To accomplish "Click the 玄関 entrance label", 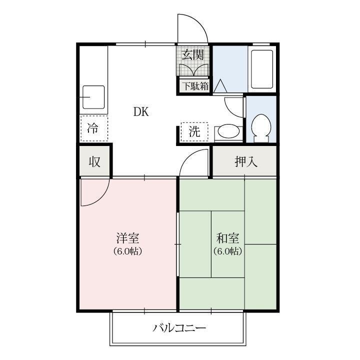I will pyautogui.click(x=192, y=54).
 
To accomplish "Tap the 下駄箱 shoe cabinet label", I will pyautogui.click(x=194, y=86).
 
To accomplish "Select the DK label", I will pyautogui.click(x=141, y=111).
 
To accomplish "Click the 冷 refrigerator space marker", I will pyautogui.click(x=93, y=128).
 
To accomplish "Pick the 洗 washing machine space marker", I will pyautogui.click(x=194, y=132).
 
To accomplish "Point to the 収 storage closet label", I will pyautogui.click(x=94, y=161).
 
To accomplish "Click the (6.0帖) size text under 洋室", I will pyautogui.click(x=128, y=251).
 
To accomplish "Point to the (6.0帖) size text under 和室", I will pyautogui.click(x=227, y=251).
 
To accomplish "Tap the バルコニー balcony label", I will pyautogui.click(x=179, y=328).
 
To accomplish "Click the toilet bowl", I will pyautogui.click(x=260, y=127).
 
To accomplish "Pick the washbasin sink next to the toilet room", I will pyautogui.click(x=228, y=132).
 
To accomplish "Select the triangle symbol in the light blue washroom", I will pyautogui.click(x=220, y=86).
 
